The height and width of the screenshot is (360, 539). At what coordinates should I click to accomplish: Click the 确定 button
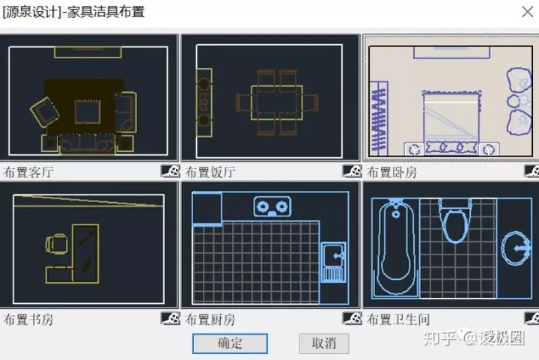click(x=230, y=344)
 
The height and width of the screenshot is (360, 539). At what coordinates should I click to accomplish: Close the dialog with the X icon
click(x=526, y=12)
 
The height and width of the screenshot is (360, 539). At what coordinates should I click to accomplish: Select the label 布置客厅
click(x=28, y=172)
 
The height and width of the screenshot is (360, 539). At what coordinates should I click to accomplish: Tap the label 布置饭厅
click(x=210, y=172)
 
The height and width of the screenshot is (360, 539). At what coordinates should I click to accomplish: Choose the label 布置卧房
click(x=392, y=172)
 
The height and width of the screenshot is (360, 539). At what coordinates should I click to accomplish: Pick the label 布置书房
click(x=28, y=320)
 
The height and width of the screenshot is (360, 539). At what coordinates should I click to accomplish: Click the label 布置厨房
click(x=210, y=320)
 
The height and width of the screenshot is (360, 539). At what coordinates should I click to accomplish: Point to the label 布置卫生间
click(x=398, y=320)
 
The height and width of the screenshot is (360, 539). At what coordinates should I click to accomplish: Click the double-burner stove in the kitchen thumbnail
click(x=272, y=206)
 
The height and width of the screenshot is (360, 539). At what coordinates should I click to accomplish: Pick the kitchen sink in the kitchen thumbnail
click(x=333, y=263)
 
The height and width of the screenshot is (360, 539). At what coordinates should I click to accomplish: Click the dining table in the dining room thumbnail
click(x=276, y=103)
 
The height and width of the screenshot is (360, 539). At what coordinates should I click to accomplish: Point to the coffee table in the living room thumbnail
click(x=87, y=112)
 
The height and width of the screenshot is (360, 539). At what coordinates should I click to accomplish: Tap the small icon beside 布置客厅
click(x=170, y=171)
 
